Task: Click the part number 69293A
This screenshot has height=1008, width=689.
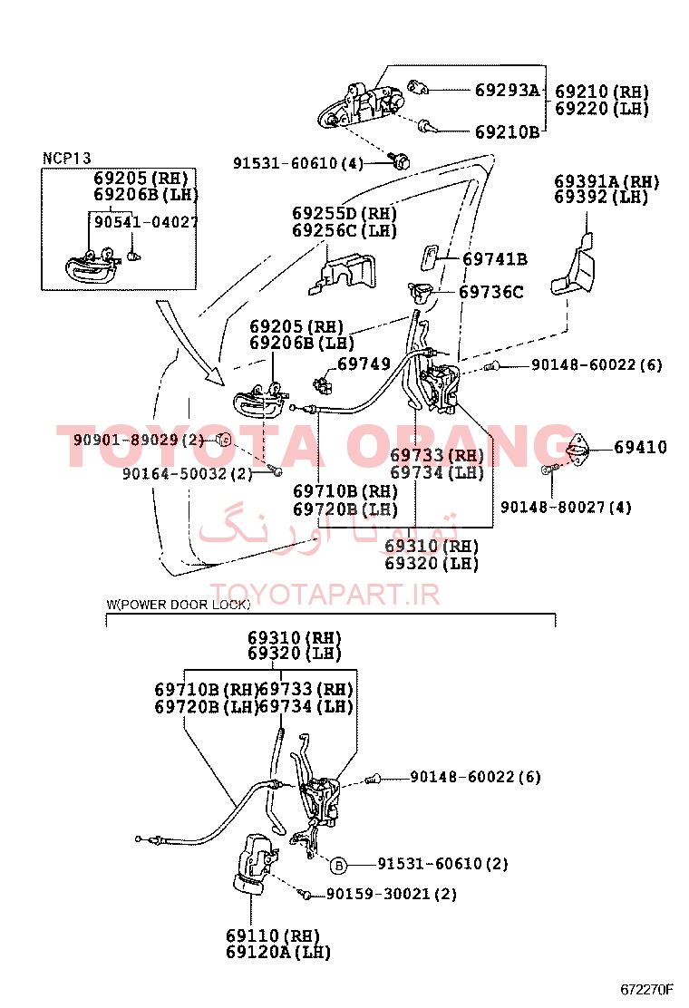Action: [507, 90]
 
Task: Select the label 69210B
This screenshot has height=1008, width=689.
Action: [507, 131]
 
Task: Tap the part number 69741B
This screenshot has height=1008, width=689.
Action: [494, 259]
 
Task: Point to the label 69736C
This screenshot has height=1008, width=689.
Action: [490, 292]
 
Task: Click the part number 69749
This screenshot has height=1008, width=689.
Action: [364, 364]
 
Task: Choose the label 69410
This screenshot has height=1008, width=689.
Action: [640, 447]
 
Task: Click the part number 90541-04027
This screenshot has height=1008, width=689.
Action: [146, 221]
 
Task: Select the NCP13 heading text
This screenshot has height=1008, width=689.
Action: [67, 159]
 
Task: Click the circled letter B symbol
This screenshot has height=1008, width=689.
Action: [337, 864]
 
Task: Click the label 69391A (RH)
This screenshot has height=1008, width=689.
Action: [607, 181]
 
